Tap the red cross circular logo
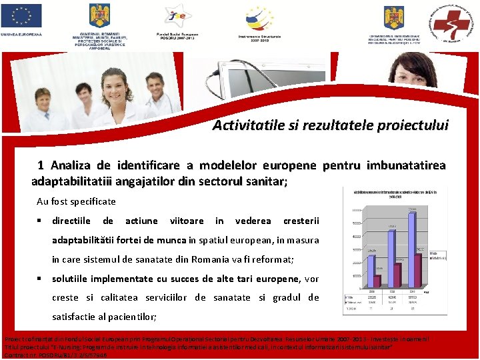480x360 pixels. tap(455, 21)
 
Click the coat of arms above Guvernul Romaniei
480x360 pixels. tap(100, 16)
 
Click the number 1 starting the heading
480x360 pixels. tap(41, 165)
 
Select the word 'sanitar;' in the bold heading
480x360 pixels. tap(266, 181)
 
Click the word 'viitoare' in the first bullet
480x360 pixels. tap(187, 221)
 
